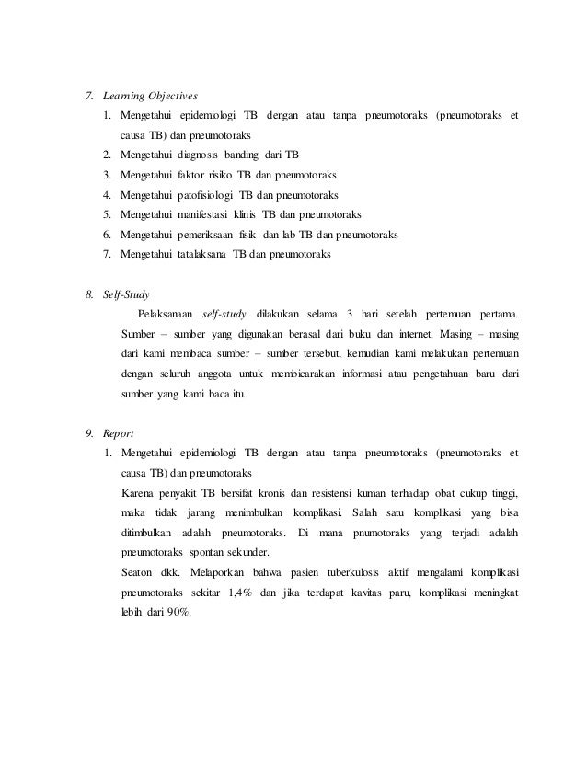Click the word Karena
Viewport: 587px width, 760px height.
139,492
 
